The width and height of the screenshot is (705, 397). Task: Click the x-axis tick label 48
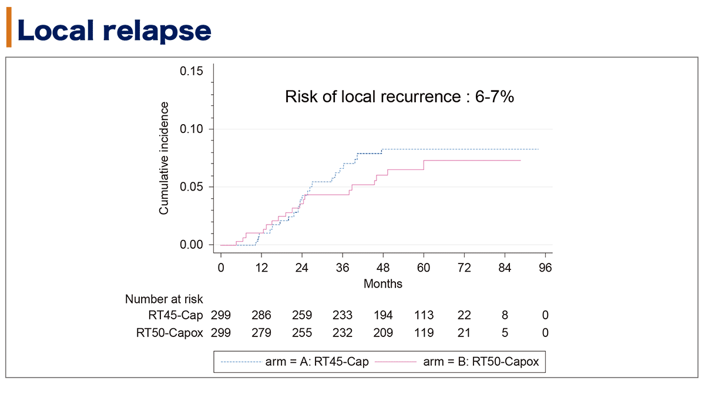click(x=383, y=268)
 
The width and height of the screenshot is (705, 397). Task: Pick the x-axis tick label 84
click(x=505, y=268)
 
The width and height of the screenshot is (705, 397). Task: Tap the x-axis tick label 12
click(x=261, y=268)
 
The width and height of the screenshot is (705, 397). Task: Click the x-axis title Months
click(x=383, y=283)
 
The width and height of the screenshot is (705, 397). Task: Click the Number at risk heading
click(x=164, y=299)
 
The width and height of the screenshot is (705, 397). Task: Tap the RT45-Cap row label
click(x=176, y=316)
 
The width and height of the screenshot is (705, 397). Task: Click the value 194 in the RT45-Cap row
click(x=383, y=316)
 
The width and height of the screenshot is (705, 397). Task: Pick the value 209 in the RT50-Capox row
click(x=383, y=333)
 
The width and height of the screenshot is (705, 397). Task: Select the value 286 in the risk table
click(x=261, y=316)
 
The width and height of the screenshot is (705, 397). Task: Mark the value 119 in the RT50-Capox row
click(x=424, y=333)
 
